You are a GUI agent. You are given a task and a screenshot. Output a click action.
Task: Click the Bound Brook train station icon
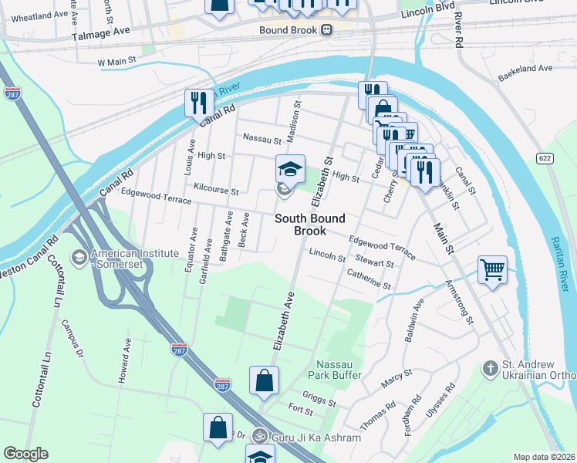[x=327, y=30]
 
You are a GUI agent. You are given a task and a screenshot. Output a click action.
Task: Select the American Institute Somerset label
[x=127, y=259]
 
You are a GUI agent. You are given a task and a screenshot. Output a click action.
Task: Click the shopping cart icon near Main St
[x=492, y=270]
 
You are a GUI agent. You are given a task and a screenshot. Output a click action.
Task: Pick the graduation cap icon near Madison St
[x=291, y=169]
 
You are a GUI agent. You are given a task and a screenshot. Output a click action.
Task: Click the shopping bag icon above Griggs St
[x=264, y=380]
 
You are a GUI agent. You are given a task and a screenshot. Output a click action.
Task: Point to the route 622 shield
[x=544, y=157]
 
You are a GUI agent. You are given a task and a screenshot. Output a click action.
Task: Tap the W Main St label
[x=116, y=59]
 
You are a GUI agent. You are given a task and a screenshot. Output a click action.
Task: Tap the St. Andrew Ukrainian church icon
[x=489, y=370]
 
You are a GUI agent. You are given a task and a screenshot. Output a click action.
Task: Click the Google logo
[x=25, y=454]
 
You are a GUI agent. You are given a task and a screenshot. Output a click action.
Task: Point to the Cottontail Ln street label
[x=60, y=294]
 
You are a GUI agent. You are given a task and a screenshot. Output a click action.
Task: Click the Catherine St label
[x=369, y=279]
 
